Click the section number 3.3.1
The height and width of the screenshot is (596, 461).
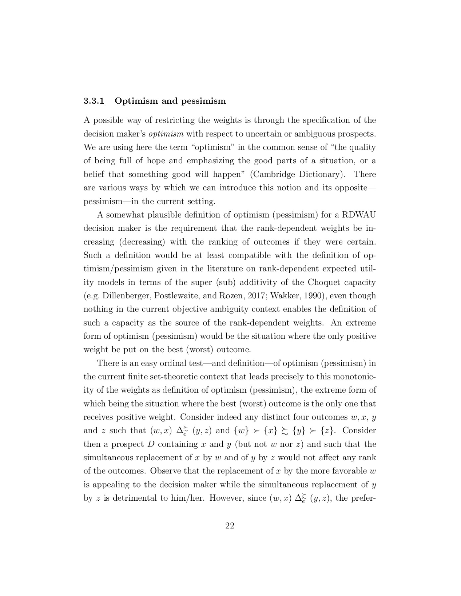[x=94, y=101]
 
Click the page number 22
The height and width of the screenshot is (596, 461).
[x=230, y=525]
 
